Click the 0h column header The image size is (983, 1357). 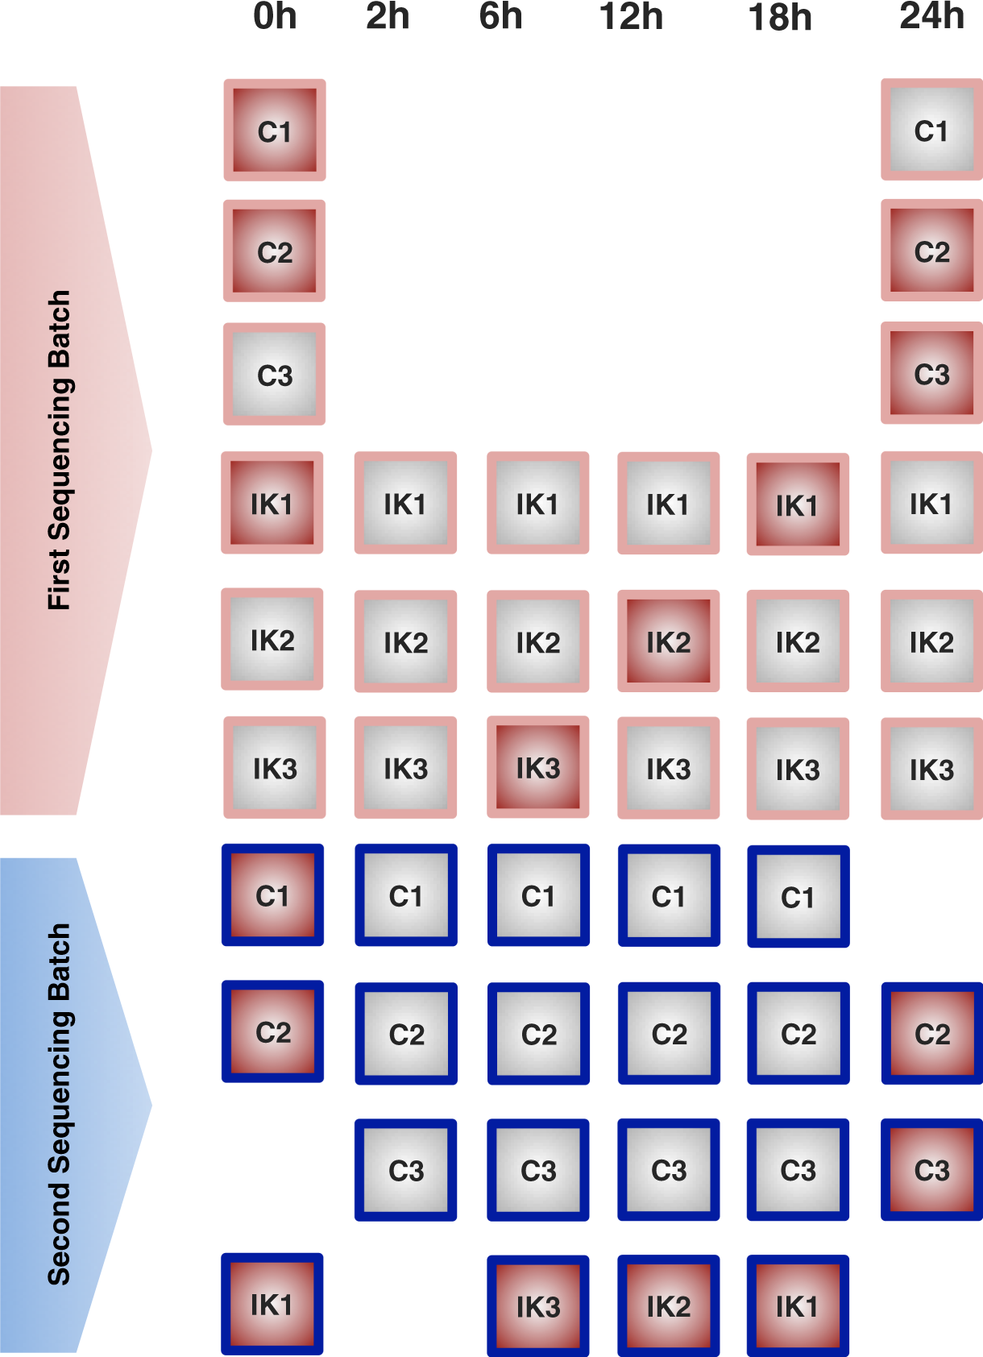[275, 17]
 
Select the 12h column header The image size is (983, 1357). [631, 17]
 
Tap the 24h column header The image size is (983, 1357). [931, 17]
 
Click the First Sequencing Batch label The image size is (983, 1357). [60, 450]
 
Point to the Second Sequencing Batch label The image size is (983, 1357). [60, 1104]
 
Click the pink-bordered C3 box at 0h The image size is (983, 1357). [274, 375]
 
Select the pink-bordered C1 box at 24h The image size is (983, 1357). [931, 130]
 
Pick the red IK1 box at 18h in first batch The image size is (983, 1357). [798, 505]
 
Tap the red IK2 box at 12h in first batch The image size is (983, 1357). [668, 641]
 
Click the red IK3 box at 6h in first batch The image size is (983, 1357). [537, 767]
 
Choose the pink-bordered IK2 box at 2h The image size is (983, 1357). [405, 641]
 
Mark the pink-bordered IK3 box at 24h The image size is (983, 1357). [931, 769]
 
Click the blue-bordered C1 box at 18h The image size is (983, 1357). [798, 896]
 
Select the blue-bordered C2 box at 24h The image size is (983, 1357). [931, 1033]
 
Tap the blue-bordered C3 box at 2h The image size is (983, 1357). [405, 1169]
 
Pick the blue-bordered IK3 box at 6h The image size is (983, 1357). [537, 1305]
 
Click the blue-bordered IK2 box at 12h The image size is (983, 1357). [668, 1305]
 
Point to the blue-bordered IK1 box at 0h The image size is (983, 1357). [272, 1304]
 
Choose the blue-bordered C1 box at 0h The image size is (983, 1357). [272, 895]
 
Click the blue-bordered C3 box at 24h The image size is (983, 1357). [931, 1169]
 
